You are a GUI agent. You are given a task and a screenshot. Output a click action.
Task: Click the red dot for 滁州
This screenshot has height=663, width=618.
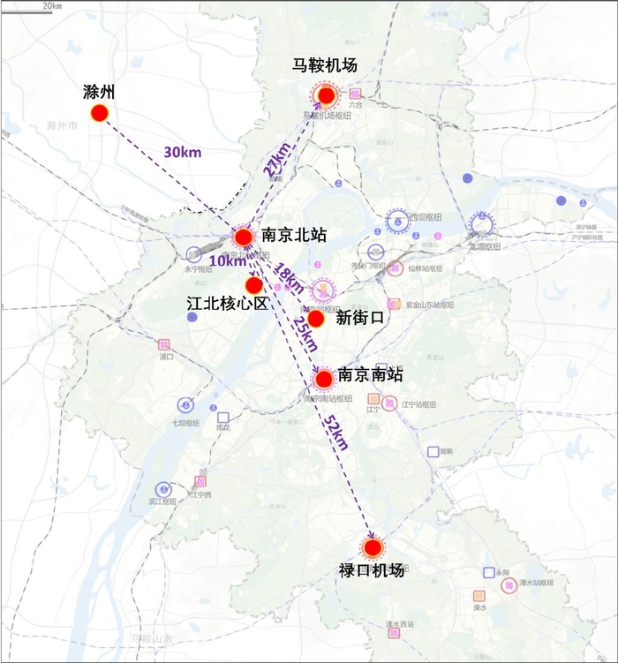pos(99,112)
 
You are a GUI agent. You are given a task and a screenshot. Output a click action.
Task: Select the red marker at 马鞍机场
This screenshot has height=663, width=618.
pos(327,95)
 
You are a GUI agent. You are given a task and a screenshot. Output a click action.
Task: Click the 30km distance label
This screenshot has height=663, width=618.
pos(182,152)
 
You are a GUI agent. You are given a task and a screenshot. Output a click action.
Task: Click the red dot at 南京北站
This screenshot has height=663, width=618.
pos(244,236)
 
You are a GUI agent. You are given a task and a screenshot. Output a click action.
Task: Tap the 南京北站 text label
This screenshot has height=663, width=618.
pos(294,236)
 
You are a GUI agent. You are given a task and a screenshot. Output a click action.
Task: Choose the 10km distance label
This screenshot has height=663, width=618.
pos(228,261)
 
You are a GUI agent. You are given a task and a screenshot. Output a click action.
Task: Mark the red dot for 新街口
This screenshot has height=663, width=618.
pos(315,317)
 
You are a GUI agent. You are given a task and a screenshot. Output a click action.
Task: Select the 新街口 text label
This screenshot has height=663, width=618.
pos(359,316)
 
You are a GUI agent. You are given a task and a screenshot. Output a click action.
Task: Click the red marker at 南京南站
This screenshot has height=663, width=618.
pos(324,379)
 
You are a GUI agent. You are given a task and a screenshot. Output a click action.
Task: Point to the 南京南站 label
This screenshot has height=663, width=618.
pos(371,374)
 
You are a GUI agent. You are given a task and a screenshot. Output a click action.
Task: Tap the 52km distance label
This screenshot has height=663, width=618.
pos(336,433)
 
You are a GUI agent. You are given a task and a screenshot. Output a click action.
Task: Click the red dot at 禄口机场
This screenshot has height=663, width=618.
pos(373,547)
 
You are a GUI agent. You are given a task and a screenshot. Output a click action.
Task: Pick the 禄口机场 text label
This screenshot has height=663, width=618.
pos(372,570)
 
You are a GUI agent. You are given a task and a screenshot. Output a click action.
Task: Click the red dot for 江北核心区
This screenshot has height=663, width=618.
pos(253,285)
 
